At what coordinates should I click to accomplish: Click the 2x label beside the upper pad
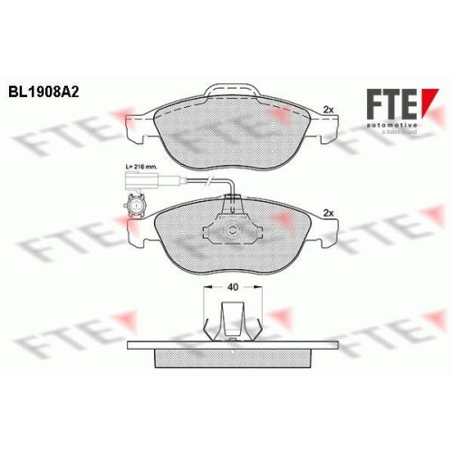pyautogui.click(x=329, y=110)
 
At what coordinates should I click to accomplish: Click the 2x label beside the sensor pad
pyautogui.click(x=329, y=214)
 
